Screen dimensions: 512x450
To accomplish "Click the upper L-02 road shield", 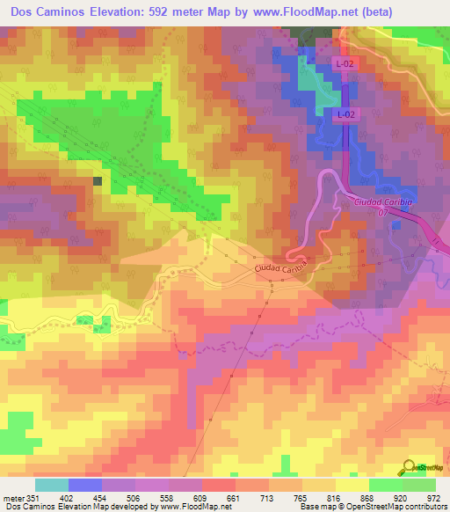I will (345, 64).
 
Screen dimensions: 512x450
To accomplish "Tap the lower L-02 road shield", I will (345, 114).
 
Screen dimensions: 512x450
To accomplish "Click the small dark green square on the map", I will (97, 180).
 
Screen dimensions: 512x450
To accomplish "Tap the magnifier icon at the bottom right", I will (410, 466).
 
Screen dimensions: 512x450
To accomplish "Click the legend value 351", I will (33, 497).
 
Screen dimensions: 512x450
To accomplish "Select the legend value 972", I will (433, 497).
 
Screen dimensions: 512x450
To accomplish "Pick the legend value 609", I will (201, 497).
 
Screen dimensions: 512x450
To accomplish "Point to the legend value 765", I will (301, 497).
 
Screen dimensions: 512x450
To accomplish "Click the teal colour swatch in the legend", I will (52, 485).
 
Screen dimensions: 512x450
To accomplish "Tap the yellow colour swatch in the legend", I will (352, 485).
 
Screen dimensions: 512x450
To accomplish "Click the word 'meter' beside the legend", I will (11, 497).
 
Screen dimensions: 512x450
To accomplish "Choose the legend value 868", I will (368, 497).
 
